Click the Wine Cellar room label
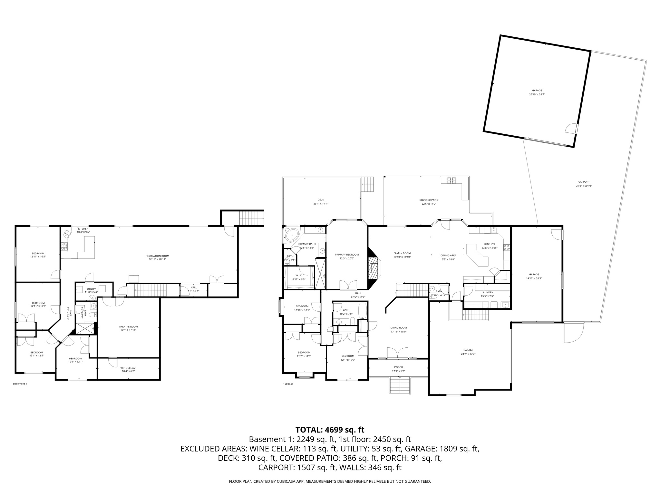[x=128, y=368]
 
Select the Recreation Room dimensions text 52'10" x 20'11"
[x=157, y=259]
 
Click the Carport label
[x=584, y=182]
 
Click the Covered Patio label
[x=429, y=200]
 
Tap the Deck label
[x=321, y=199]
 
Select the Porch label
[x=398, y=367]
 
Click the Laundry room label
[x=487, y=292]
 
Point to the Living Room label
[x=399, y=327]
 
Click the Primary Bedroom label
[x=347, y=254]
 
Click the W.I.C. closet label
[x=299, y=275]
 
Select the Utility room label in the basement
[x=91, y=289]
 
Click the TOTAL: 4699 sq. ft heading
[x=330, y=430]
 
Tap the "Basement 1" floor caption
[x=20, y=384]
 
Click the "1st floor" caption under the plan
[x=288, y=384]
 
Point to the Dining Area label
[x=448, y=255]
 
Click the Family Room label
[x=402, y=253]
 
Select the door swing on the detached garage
[x=571, y=129]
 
